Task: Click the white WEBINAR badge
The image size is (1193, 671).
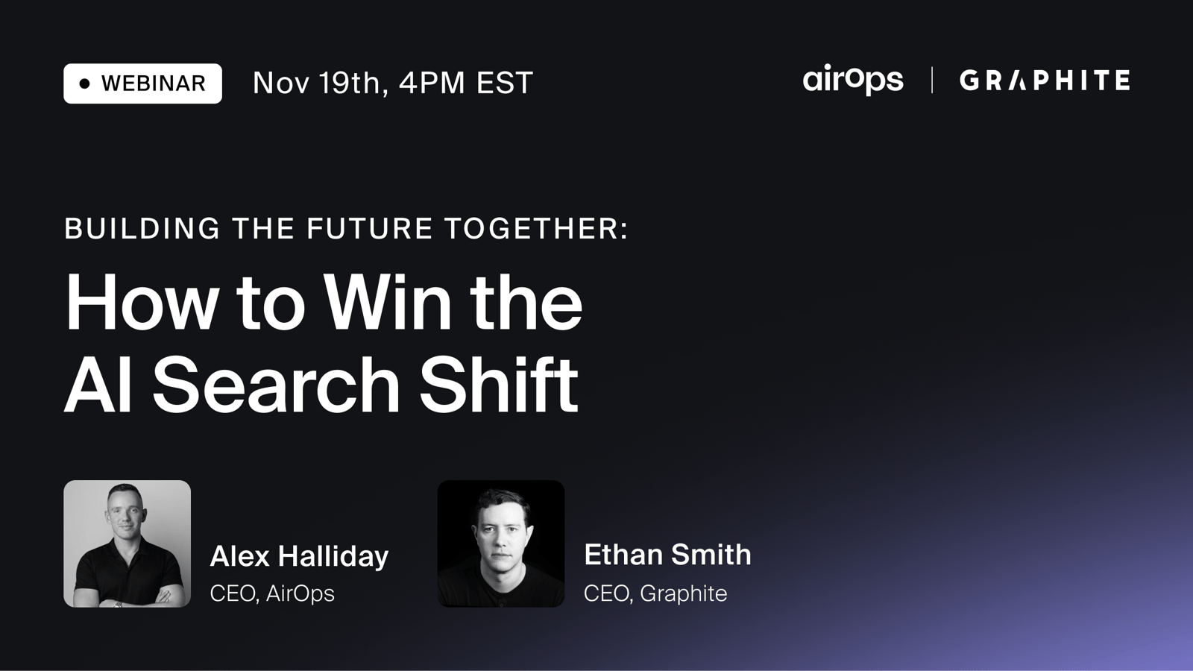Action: (x=142, y=84)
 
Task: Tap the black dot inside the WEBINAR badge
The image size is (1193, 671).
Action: (x=85, y=84)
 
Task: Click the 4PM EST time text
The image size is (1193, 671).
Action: (x=466, y=83)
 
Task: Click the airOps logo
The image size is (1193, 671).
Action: (x=853, y=80)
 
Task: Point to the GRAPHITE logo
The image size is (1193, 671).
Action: (x=1045, y=81)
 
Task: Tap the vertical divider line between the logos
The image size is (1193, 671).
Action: (x=932, y=80)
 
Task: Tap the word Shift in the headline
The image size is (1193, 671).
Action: (x=499, y=384)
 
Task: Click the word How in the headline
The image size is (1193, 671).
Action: (x=139, y=303)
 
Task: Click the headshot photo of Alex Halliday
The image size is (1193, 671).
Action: (x=128, y=544)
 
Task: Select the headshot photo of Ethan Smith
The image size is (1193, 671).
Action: (x=501, y=544)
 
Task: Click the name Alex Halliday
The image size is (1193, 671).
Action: (x=299, y=557)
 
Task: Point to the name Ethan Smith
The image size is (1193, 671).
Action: (x=667, y=555)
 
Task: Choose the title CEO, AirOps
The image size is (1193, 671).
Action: (x=272, y=593)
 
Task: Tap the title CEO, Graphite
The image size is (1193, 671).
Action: (x=655, y=593)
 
